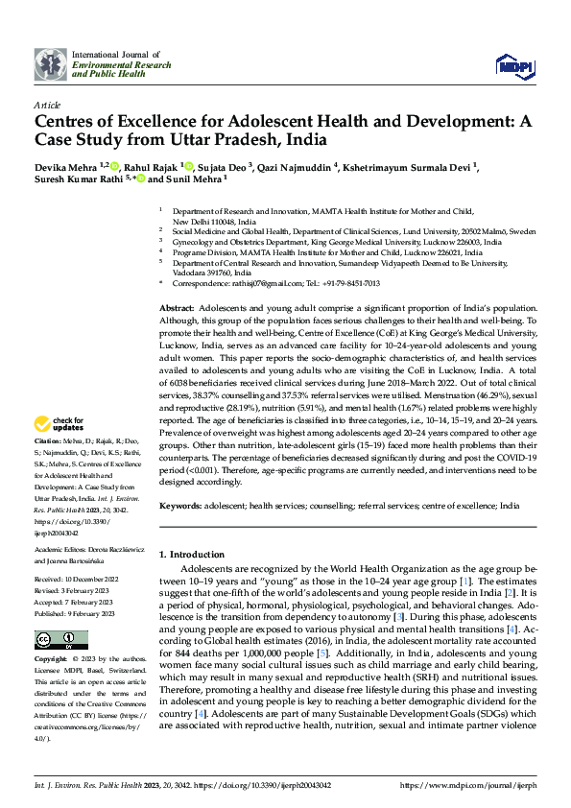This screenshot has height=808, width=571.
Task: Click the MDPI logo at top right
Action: point(514,64)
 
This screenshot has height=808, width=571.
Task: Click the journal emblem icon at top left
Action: point(50,64)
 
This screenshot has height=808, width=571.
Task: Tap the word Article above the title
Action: point(47,104)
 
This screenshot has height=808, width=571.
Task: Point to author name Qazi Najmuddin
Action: point(293,166)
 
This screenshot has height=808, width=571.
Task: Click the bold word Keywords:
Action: point(180,504)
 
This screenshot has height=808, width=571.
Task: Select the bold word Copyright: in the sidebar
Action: point(51,660)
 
